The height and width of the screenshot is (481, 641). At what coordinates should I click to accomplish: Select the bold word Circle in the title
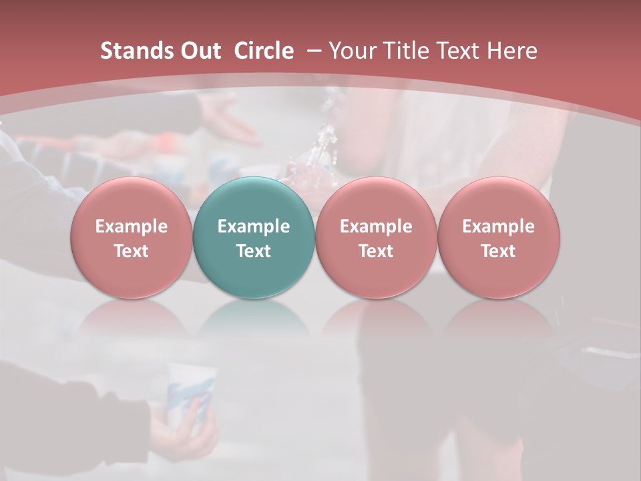click(264, 51)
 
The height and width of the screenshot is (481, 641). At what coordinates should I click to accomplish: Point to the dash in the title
click(311, 51)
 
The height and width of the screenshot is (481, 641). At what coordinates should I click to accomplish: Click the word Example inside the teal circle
click(254, 226)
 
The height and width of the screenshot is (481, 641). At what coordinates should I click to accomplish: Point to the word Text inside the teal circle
click(254, 251)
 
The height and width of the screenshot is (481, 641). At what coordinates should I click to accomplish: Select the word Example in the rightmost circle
click(499, 226)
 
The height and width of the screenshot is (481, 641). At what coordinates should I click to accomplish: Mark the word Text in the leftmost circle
click(131, 251)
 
